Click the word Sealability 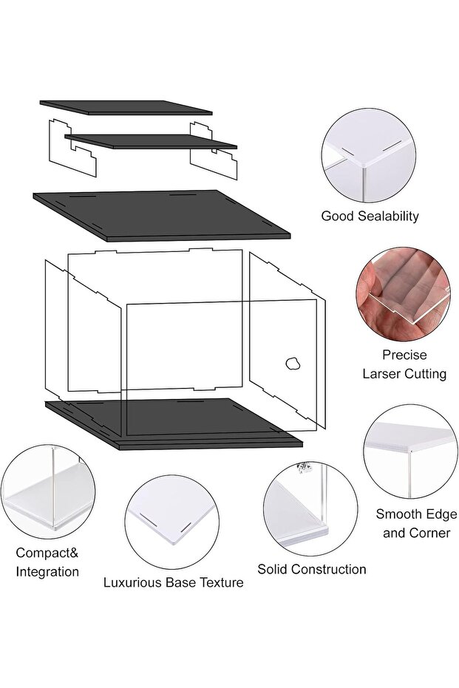click(388, 216)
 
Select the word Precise click(404, 355)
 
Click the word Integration click(47, 572)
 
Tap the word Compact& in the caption click(47, 553)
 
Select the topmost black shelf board click(126, 107)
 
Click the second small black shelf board click(151, 142)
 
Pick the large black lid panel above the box click(161, 215)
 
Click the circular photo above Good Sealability click(369, 155)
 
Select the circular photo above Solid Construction click(310, 508)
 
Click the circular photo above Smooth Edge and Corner click(411, 452)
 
